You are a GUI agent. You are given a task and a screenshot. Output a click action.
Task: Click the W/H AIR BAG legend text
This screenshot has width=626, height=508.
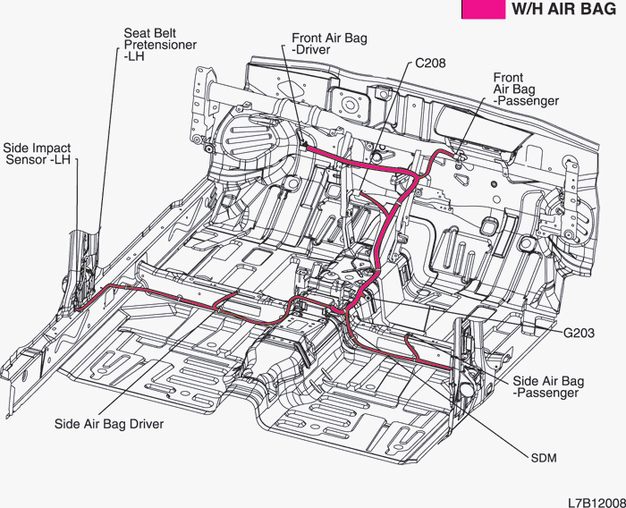click(563, 11)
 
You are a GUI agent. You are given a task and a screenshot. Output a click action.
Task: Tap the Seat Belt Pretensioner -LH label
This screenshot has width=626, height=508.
click(160, 45)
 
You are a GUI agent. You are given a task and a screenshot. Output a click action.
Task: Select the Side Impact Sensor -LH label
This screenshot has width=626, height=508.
click(38, 154)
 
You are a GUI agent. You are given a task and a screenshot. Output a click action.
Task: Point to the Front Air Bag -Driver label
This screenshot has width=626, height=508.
click(329, 45)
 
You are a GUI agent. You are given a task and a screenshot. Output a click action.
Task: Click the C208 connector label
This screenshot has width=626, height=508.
click(430, 64)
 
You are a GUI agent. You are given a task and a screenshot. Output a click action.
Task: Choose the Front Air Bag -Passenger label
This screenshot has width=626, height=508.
click(526, 89)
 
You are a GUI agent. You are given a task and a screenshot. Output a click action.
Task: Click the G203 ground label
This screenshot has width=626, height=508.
click(579, 333)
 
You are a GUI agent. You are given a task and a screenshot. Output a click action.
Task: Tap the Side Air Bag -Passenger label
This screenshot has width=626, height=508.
click(547, 386)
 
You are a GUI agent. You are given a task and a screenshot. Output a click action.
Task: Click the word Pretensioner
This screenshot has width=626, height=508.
click(160, 45)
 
